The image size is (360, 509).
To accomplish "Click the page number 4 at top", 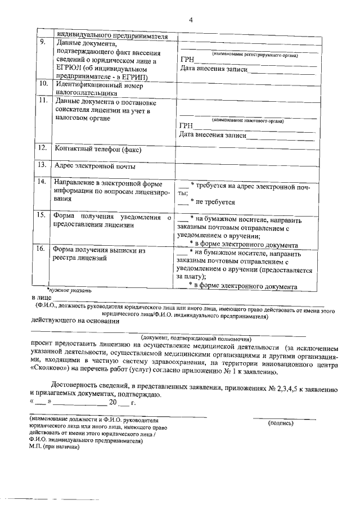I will [x=191, y=20].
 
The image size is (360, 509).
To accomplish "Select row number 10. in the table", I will [x=42, y=83].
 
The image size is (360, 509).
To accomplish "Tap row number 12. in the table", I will [x=42, y=148].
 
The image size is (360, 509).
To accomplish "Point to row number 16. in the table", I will [x=42, y=249].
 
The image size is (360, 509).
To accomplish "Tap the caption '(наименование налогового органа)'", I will [x=247, y=120].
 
